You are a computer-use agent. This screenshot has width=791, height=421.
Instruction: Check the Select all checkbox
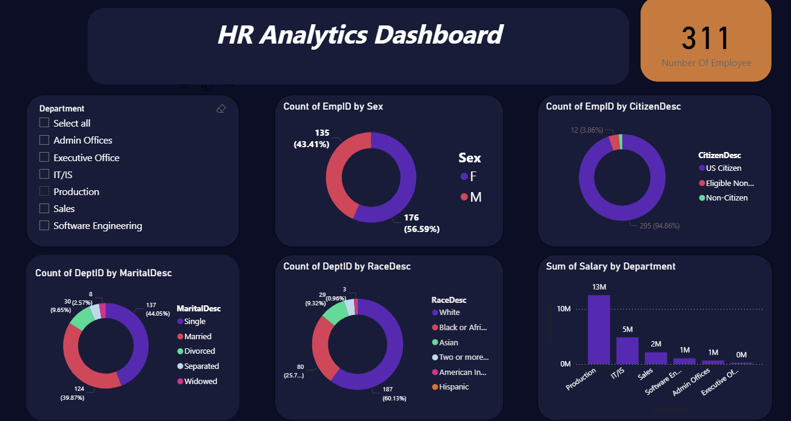coord(44,123)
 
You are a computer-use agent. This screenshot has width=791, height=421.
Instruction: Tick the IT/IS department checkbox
coord(44,174)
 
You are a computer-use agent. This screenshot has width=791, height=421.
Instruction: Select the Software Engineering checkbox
coord(44,226)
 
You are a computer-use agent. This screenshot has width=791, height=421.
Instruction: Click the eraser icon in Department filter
coord(221,108)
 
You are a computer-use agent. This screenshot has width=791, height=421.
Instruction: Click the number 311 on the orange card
coord(706,39)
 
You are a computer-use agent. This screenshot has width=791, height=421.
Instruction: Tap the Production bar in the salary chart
coord(599,330)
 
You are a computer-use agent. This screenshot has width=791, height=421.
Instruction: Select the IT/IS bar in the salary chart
coord(627,351)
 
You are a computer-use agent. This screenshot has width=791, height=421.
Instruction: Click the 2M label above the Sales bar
coord(656,344)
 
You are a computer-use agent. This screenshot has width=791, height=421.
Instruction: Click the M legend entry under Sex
coord(475,197)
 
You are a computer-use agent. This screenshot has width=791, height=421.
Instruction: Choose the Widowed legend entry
coord(201,382)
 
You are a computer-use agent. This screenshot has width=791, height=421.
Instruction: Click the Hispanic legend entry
coord(454,387)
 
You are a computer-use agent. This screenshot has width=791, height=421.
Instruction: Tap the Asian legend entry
coord(449,342)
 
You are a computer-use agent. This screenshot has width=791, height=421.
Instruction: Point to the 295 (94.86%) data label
coord(659,226)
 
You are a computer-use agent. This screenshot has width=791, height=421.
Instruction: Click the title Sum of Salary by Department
coord(610,267)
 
